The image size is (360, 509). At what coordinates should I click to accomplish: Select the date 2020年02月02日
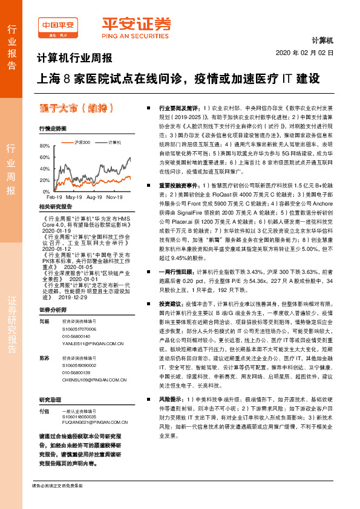click(x=304, y=53)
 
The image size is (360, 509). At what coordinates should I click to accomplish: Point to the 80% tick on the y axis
click(x=44, y=146)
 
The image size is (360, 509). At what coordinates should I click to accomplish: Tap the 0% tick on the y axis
click(x=45, y=192)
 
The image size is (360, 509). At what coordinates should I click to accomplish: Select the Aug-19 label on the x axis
click(x=94, y=197)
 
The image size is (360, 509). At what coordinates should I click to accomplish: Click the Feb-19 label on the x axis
click(x=54, y=197)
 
